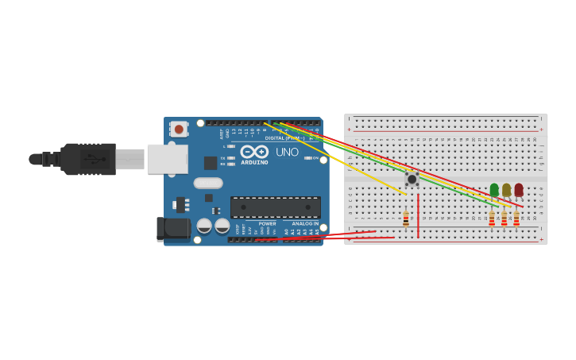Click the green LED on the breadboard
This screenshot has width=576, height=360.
494,190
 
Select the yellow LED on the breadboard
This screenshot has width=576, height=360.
506,190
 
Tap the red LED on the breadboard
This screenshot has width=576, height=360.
519,190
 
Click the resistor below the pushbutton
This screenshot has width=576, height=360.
406,219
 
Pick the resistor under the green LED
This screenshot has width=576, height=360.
492,219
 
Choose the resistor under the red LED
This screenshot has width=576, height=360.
516,219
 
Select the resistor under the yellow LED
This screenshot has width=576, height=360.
504,219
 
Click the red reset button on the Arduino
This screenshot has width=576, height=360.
179,129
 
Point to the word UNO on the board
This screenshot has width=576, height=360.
287,152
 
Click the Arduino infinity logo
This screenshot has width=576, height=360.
254,151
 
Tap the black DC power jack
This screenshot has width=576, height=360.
173,229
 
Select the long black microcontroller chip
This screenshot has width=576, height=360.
276,207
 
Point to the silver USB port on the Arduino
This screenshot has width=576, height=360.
167,159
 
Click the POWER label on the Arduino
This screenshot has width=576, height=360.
267,223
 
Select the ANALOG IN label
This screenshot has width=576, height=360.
304,223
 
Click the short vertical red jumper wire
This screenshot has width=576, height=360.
418,215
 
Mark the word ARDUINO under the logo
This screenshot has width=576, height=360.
254,162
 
